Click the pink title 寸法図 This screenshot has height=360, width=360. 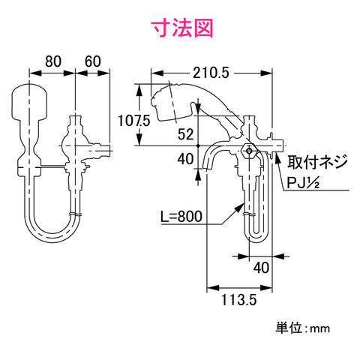(183, 28)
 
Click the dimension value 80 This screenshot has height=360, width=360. (53, 61)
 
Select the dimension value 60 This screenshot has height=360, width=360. (93, 61)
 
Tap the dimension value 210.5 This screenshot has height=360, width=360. (211, 73)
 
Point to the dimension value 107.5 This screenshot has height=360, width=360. (134, 121)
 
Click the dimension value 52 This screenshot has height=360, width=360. (186, 134)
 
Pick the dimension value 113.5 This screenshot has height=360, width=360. (239, 299)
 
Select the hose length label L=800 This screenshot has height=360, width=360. (181, 216)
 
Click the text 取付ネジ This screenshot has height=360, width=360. (317, 162)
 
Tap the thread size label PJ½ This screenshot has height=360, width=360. (303, 183)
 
